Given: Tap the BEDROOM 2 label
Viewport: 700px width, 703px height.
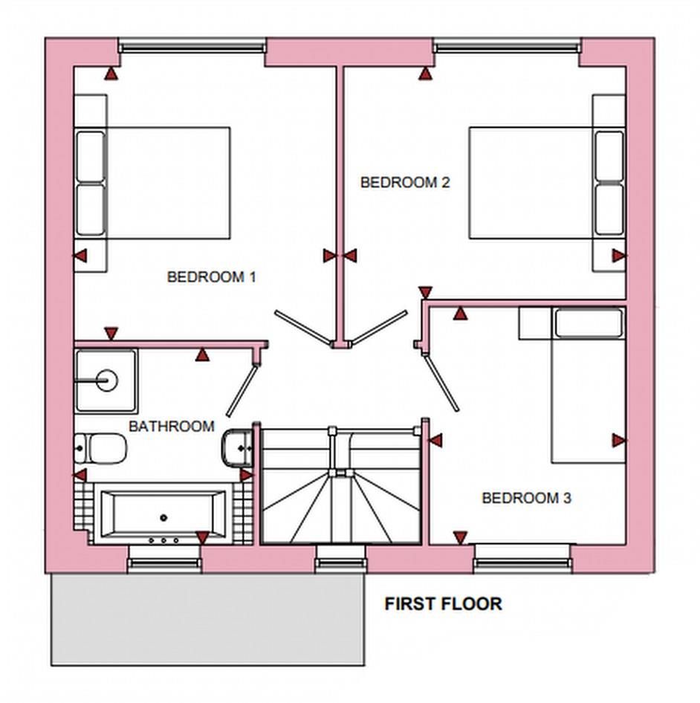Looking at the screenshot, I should [405, 182].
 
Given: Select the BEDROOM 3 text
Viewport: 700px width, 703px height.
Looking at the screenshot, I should [526, 498].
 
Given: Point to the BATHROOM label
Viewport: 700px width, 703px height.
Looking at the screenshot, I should [171, 427].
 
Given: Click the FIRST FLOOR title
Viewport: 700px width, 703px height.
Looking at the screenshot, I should [443, 604].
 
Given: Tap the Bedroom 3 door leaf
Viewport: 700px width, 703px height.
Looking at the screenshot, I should [439, 381].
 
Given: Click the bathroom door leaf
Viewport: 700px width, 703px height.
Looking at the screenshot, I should [242, 389].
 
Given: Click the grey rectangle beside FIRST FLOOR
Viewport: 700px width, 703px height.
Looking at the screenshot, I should [207, 620].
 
